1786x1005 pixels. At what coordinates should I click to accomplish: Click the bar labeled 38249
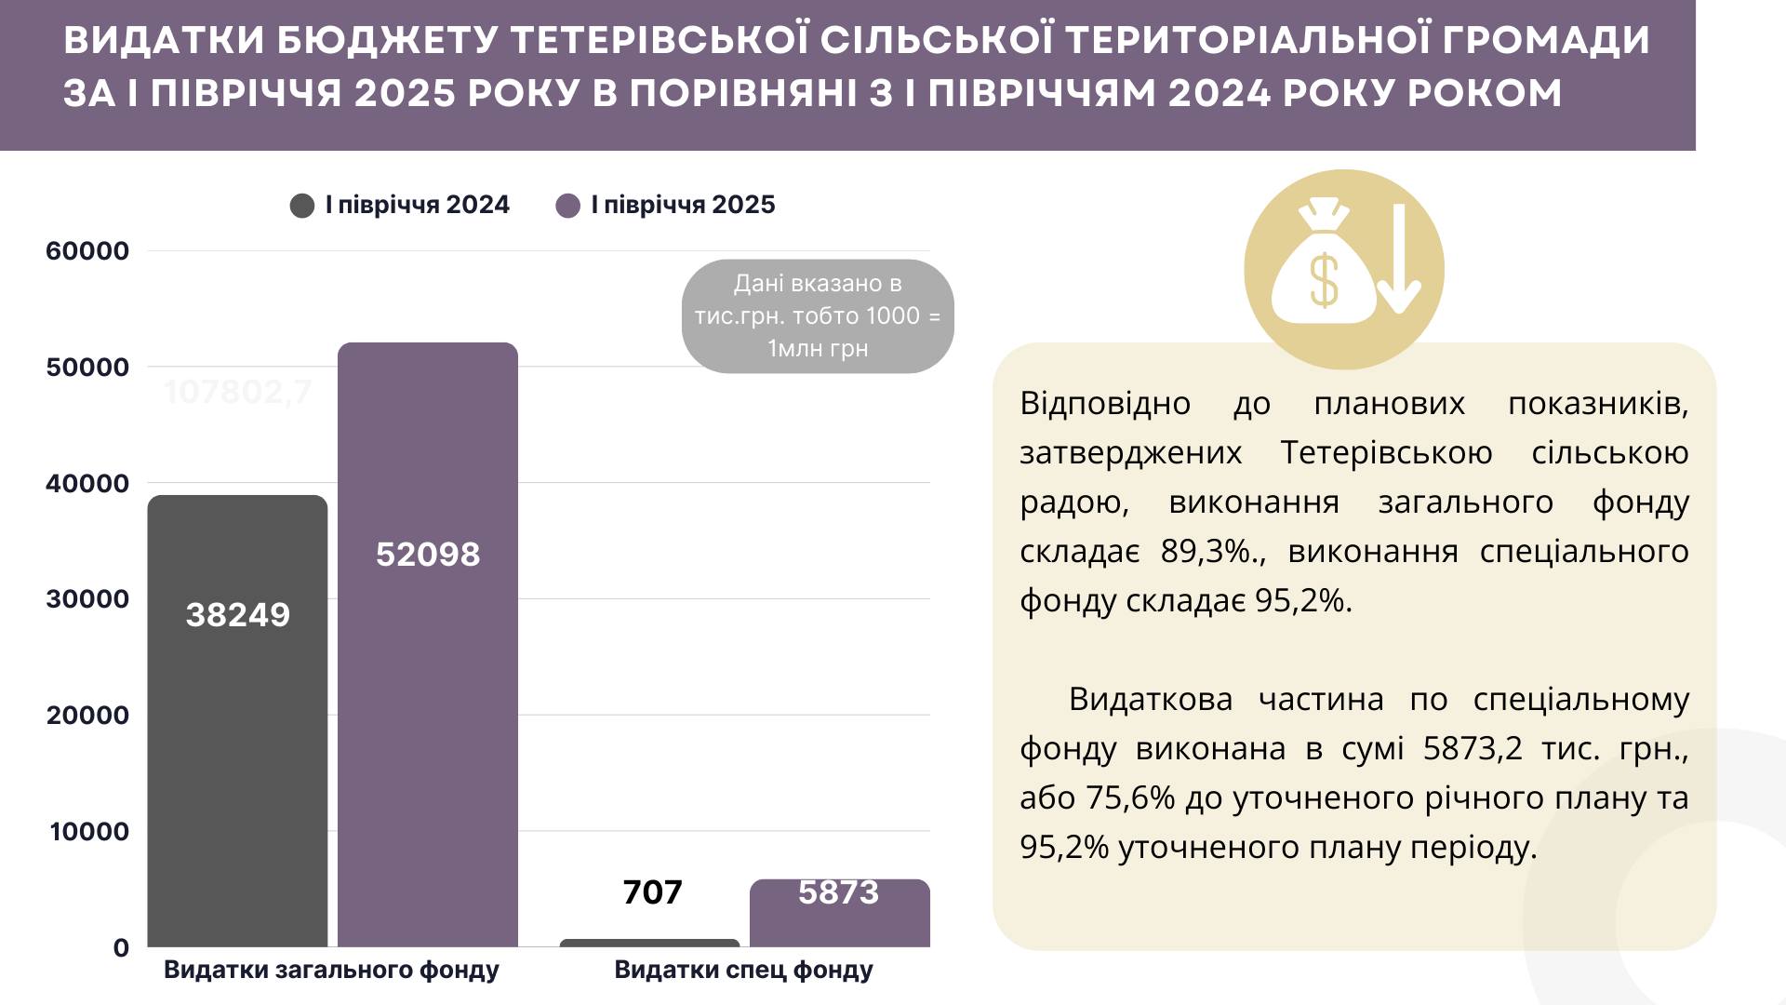pyautogui.click(x=237, y=721)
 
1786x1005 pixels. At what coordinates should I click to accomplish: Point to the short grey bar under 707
pyautogui.click(x=649, y=943)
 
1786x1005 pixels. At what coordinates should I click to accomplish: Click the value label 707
pyautogui.click(x=652, y=892)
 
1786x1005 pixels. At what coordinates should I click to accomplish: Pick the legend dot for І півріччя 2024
pyautogui.click(x=302, y=206)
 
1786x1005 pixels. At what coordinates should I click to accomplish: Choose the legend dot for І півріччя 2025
pyautogui.click(x=567, y=206)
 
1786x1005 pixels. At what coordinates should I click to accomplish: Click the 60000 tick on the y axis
pyautogui.click(x=87, y=251)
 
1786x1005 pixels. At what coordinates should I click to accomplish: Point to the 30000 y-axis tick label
pyautogui.click(x=87, y=599)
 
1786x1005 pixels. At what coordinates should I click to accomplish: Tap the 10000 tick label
pyautogui.click(x=89, y=832)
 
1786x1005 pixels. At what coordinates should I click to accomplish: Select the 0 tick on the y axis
pyautogui.click(x=121, y=948)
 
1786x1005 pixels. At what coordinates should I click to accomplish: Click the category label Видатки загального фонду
pyautogui.click(x=331, y=971)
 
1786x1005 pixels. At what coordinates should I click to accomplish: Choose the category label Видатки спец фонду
pyautogui.click(x=743, y=971)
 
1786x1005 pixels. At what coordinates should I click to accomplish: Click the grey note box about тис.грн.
pyautogui.click(x=818, y=316)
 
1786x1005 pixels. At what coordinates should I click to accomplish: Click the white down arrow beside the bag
pyautogui.click(x=1397, y=261)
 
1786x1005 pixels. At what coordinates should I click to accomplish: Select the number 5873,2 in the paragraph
pyautogui.click(x=1473, y=749)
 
